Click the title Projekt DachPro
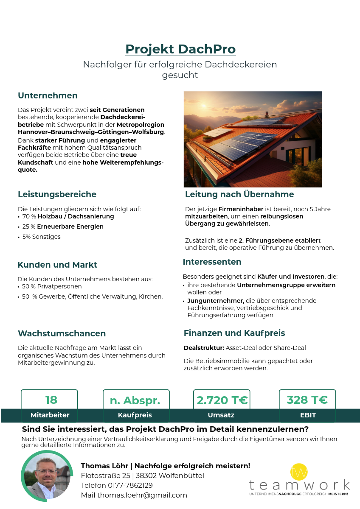pos(180,49)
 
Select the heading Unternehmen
pos(48,95)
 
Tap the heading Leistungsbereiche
pos(57,194)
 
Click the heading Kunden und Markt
pos(57,265)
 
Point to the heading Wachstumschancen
pos(62,333)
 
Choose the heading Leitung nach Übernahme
pos(239,194)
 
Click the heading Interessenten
pos(212,262)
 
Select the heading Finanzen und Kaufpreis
pos(234,333)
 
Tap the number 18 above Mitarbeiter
pos(51,400)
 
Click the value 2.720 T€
pos(222,400)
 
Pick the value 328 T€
pos(307,400)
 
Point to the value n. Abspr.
pos(135,401)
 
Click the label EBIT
pos(308,415)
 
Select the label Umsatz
pos(221,415)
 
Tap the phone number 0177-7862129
pos(130,485)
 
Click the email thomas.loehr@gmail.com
pos(142,495)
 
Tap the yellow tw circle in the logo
pos(299,472)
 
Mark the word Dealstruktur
pos(204,348)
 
